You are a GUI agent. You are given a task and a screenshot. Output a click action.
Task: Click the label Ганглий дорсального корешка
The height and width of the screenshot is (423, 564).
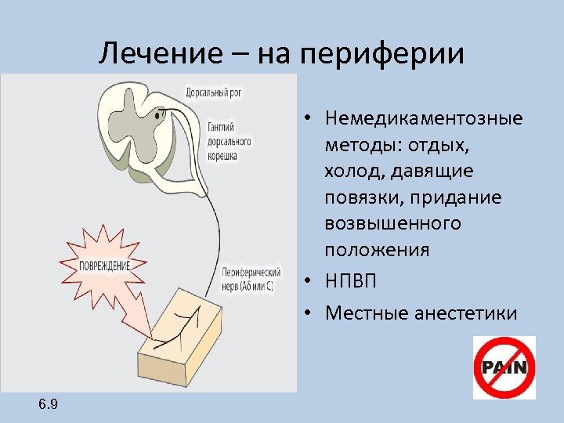230,141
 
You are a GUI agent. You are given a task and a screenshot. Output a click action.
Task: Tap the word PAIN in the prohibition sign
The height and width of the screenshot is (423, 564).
504,367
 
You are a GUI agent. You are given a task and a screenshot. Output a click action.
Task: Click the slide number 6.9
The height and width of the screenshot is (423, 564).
48,404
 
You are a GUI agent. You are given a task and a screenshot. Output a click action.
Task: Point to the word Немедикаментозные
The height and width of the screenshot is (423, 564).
423,120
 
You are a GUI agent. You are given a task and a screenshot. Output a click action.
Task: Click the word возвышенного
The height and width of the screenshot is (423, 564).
392,224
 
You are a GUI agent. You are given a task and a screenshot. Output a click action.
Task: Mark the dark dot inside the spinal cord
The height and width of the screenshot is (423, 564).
157,115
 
